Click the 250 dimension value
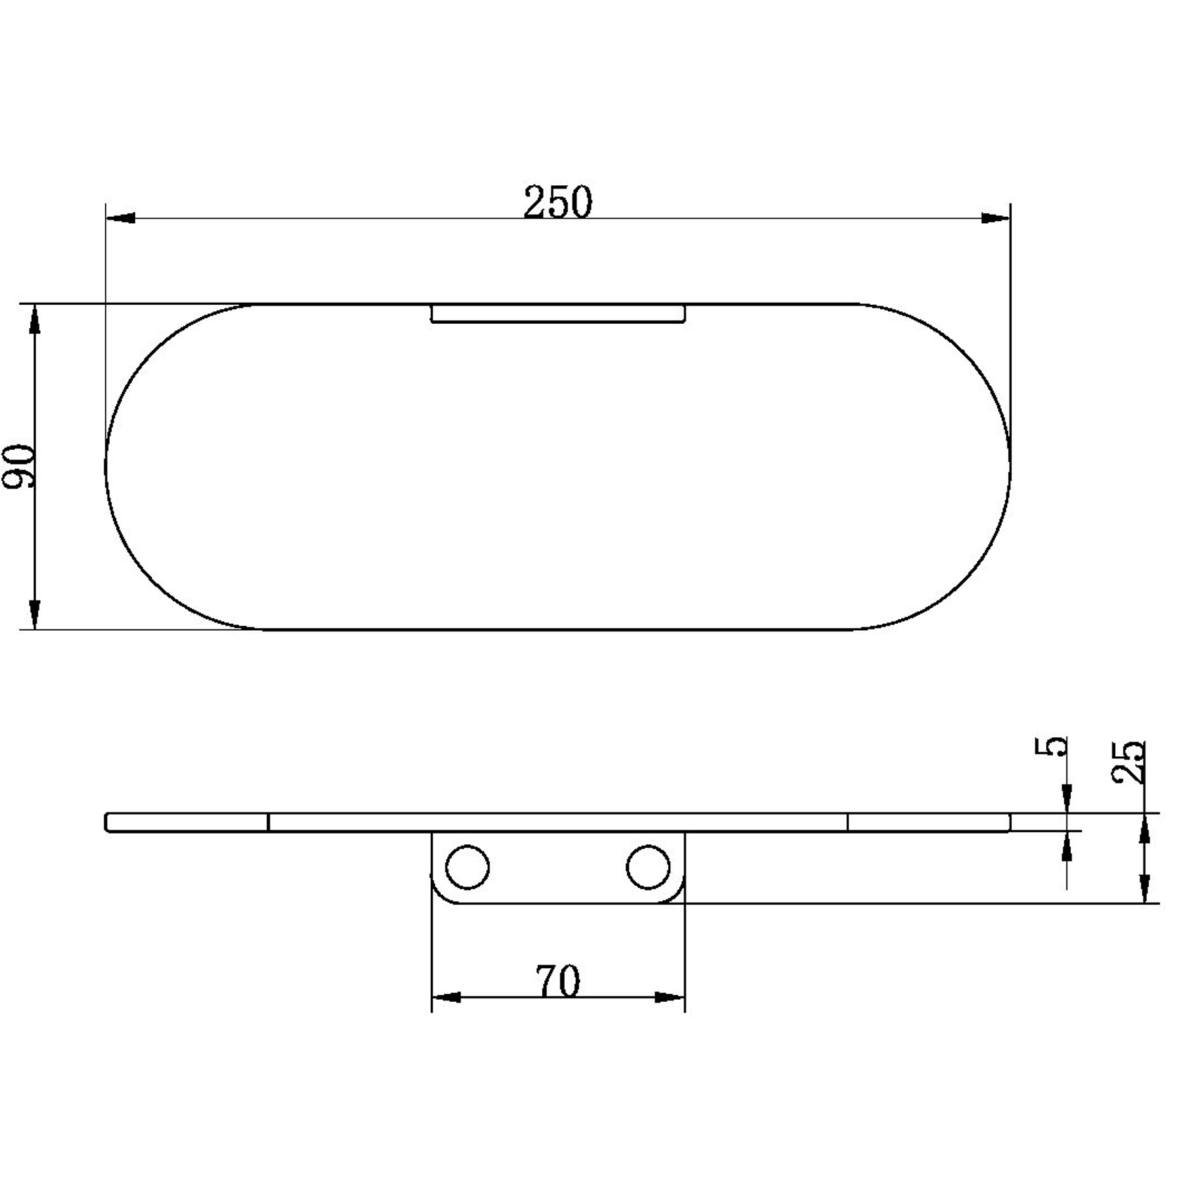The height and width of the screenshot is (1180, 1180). [558, 202]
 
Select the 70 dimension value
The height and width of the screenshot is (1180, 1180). [558, 981]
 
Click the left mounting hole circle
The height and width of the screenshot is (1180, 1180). [468, 867]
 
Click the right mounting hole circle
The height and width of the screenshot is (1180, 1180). [648, 867]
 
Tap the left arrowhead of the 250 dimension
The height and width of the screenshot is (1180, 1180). [120, 218]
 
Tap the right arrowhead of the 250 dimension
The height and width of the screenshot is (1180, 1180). [996, 218]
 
